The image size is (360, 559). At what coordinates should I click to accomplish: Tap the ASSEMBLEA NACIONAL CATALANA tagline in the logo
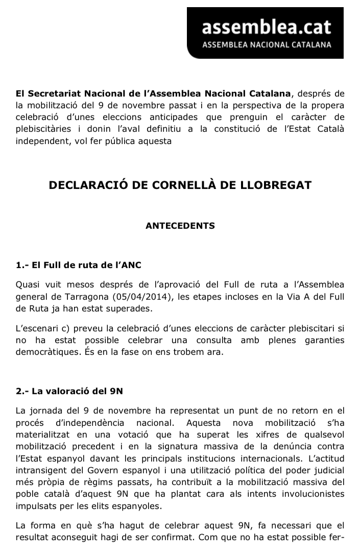click(x=267, y=45)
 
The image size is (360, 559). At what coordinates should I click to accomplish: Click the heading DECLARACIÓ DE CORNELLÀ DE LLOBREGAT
click(x=180, y=185)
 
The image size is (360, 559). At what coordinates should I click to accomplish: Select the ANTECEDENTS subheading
click(x=180, y=225)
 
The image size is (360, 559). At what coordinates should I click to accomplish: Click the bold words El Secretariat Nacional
click(x=64, y=94)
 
